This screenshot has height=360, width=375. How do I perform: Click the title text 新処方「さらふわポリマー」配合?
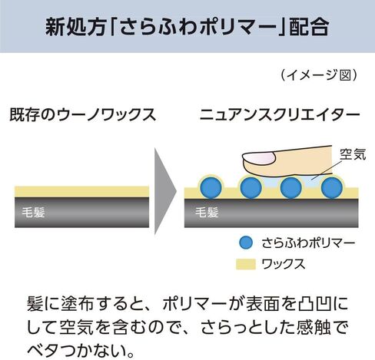pyautogui.click(x=187, y=26)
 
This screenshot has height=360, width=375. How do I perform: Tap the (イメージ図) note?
pyautogui.click(x=319, y=75)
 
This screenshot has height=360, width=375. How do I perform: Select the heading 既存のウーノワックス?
pyautogui.click(x=83, y=114)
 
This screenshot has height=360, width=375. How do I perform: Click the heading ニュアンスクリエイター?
pyautogui.click(x=280, y=115)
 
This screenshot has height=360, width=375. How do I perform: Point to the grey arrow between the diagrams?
pyautogui.click(x=165, y=190)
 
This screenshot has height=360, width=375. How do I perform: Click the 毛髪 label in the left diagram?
pyautogui.click(x=34, y=212)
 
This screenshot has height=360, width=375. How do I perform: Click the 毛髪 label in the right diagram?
pyautogui.click(x=207, y=212)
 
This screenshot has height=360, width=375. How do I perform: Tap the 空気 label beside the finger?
pyautogui.click(x=353, y=154)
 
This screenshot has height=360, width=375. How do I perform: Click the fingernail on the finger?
pyautogui.click(x=259, y=159)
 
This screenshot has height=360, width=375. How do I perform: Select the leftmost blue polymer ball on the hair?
pyautogui.click(x=211, y=187)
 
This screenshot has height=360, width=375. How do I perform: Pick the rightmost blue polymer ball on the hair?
pyautogui.click(x=332, y=187)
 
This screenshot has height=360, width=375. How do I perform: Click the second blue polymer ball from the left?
pyautogui.click(x=251, y=187)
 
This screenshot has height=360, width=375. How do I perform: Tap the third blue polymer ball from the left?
pyautogui.click(x=291, y=187)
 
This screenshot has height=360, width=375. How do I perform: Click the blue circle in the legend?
pyautogui.click(x=246, y=243)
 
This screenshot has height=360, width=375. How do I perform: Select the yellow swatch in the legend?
pyautogui.click(x=246, y=264)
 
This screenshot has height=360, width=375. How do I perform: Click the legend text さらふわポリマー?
pyautogui.click(x=308, y=243)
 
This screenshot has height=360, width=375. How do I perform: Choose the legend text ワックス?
pyautogui.click(x=284, y=264)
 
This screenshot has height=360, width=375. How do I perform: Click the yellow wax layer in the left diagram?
pyautogui.click(x=82, y=192)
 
